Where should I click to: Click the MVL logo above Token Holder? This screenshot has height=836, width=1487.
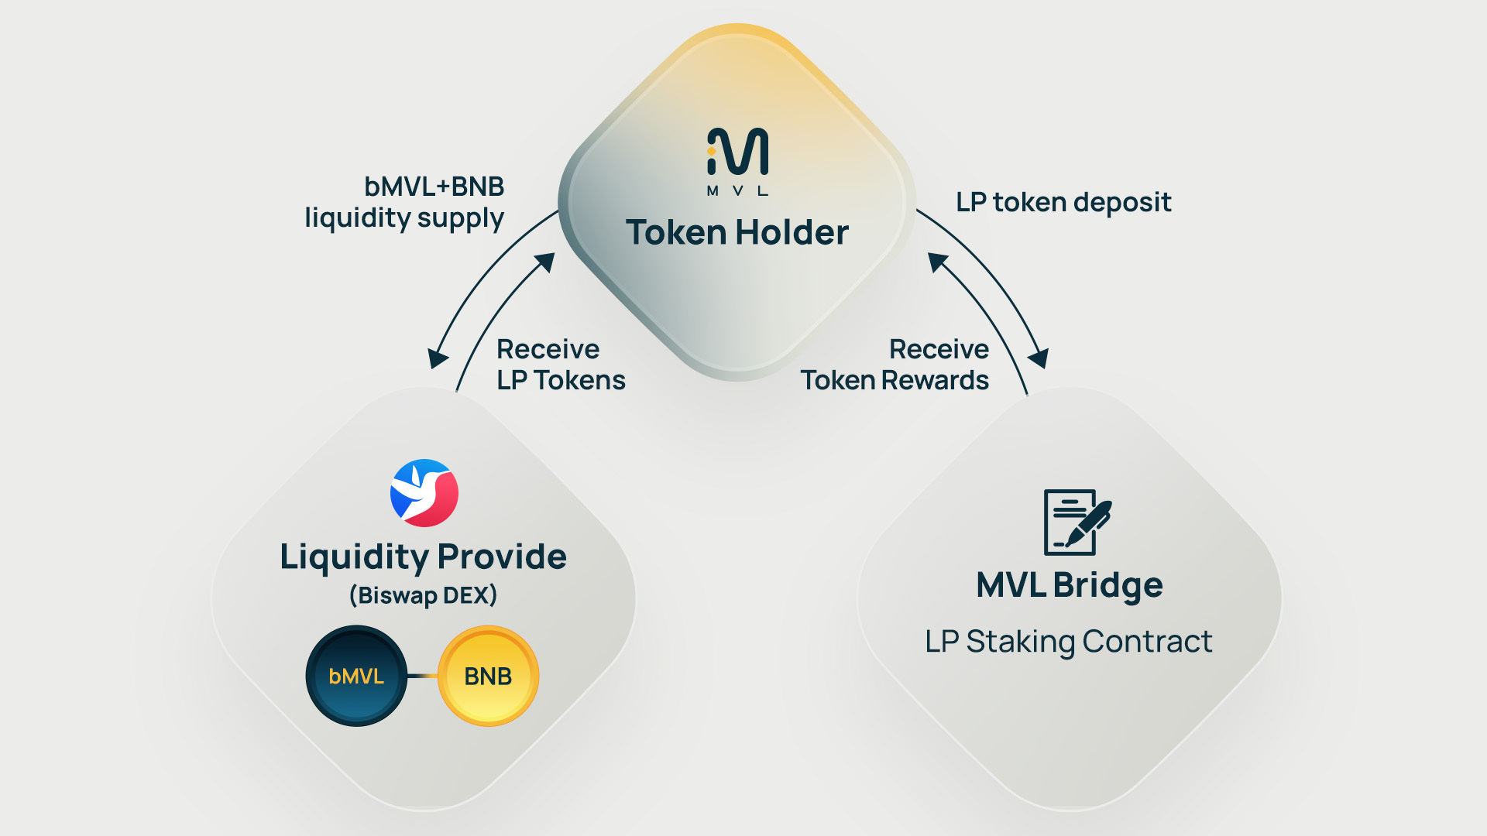coord(737,151)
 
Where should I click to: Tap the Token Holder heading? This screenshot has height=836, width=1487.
coord(737,232)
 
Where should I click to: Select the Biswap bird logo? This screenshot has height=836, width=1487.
coord(424,493)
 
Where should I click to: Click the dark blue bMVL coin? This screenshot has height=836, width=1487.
coord(356,676)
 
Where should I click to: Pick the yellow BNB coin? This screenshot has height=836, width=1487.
coord(488,676)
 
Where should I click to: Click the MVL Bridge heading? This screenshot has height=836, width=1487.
coord(1069,585)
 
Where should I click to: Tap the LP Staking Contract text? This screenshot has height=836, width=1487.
coord(1069,642)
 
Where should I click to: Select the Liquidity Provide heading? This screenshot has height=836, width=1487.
coord(423,557)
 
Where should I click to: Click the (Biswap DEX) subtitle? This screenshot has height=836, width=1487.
coord(423,595)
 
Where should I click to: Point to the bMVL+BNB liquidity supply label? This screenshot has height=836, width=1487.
coord(404,202)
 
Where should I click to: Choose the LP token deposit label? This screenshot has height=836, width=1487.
coord(1063,202)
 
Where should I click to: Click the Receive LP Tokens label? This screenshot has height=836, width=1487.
coord(561,365)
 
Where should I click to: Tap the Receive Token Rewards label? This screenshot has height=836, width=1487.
coord(895,365)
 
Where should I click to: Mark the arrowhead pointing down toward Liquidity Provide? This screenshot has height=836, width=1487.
coord(438,358)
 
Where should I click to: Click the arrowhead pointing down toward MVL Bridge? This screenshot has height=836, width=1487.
coord(1039,358)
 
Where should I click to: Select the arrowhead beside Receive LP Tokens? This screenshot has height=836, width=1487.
coord(546,262)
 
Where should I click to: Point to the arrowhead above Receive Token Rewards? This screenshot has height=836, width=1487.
coord(938,262)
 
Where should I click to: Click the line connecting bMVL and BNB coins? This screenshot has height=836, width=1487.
coord(423,676)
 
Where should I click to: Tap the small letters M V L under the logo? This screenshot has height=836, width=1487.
coord(737,190)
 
